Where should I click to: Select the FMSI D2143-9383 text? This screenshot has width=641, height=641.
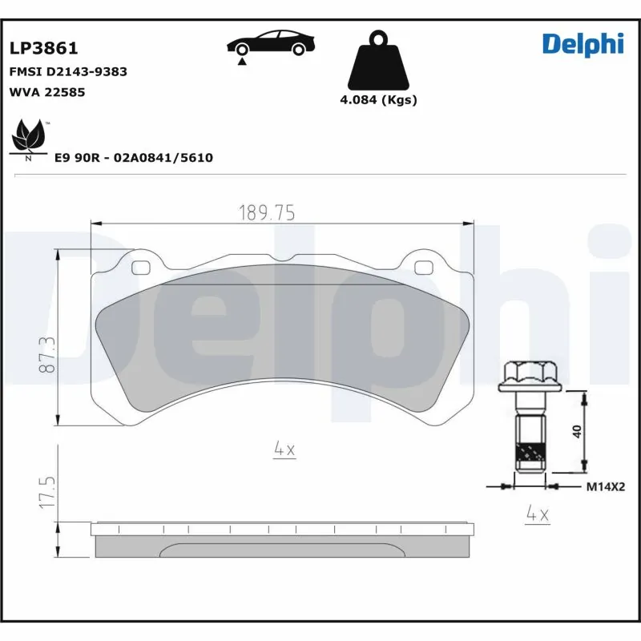(67, 71)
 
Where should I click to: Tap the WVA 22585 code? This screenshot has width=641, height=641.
(46, 92)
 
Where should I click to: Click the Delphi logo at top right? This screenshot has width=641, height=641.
(582, 44)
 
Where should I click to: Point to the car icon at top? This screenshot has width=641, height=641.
(268, 43)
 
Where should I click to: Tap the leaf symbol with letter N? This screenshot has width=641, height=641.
(30, 139)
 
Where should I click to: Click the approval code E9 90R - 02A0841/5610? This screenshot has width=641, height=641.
(133, 158)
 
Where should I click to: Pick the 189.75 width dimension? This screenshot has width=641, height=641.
(268, 212)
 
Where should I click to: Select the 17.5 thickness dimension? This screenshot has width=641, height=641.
(48, 491)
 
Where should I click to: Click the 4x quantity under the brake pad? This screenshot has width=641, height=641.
(284, 450)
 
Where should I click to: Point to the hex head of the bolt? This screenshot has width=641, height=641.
(530, 374)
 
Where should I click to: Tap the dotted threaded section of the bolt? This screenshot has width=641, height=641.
(529, 456)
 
